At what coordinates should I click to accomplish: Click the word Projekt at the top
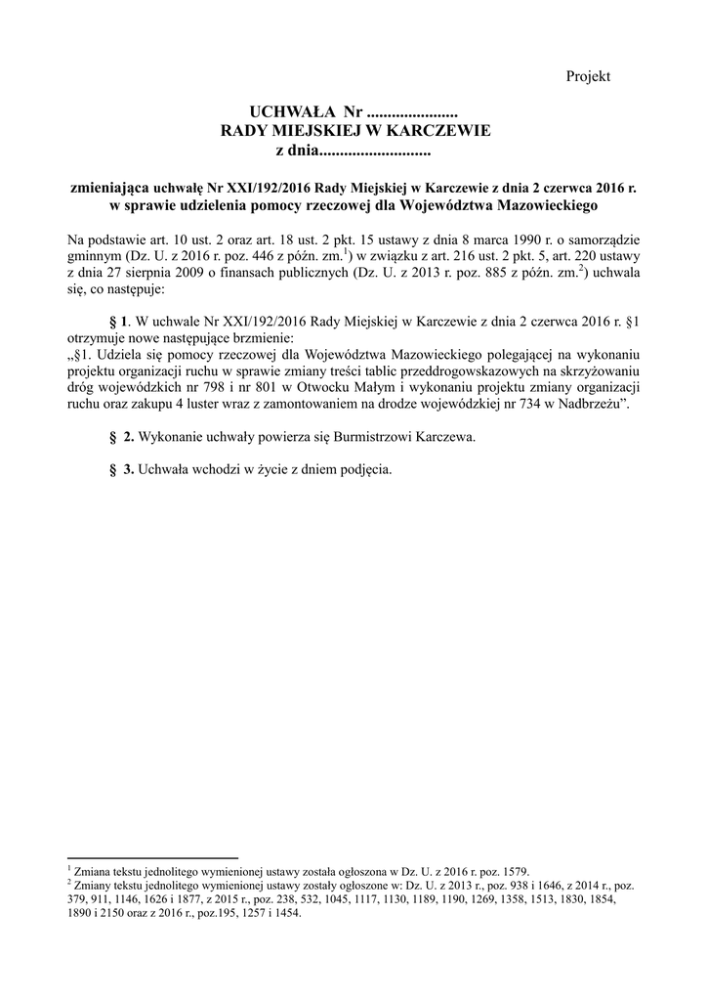tap(588, 76)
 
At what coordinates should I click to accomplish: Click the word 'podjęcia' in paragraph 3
tap(365, 469)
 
